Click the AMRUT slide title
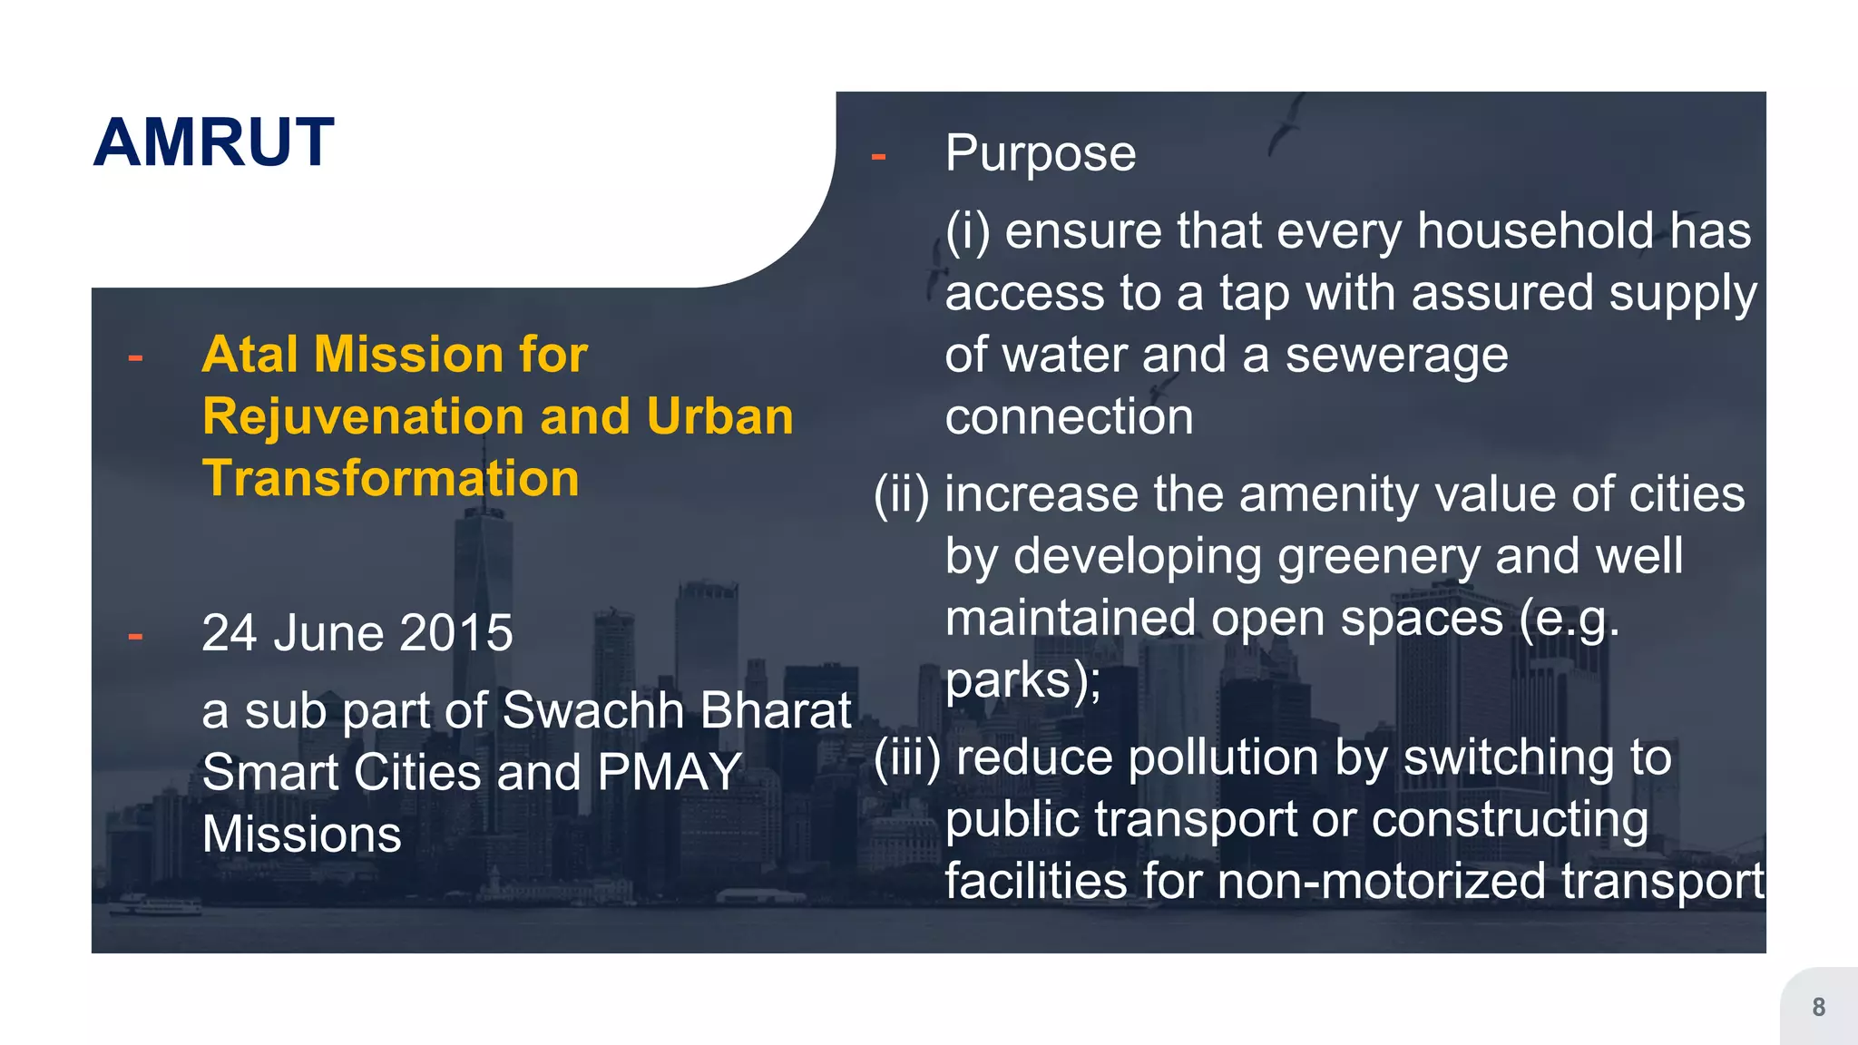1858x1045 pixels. tap(214, 142)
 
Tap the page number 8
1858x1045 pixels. tap(1818, 1007)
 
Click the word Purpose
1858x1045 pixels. tap(1040, 152)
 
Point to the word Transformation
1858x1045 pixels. tap(390, 478)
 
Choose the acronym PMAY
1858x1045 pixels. tap(670, 772)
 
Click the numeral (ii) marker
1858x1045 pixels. tap(901, 495)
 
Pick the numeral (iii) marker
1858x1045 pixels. tap(906, 758)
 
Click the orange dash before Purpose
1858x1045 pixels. tap(877, 157)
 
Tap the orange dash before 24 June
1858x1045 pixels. tap(135, 636)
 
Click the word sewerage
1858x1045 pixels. tap(1396, 356)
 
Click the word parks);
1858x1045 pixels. tap(1022, 680)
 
